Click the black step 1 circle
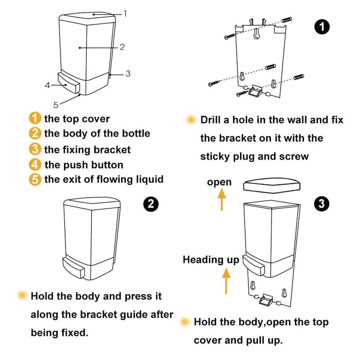pos(322,27)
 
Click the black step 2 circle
pos(151,204)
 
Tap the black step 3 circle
pos(321,204)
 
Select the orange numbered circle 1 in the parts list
pos(35,118)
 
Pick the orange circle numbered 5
pos(35,179)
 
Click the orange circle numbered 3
pos(35,149)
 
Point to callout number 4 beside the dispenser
pos(47,85)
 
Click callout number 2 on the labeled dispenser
pos(122,47)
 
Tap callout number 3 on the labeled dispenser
pos(128,74)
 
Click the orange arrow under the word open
pos(221,199)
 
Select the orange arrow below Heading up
pos(226,281)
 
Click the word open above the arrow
pos(219,182)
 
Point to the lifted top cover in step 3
pos(271,185)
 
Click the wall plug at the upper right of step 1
pos(287,20)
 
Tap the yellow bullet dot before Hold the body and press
pos(22,295)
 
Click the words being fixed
pos(59,333)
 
